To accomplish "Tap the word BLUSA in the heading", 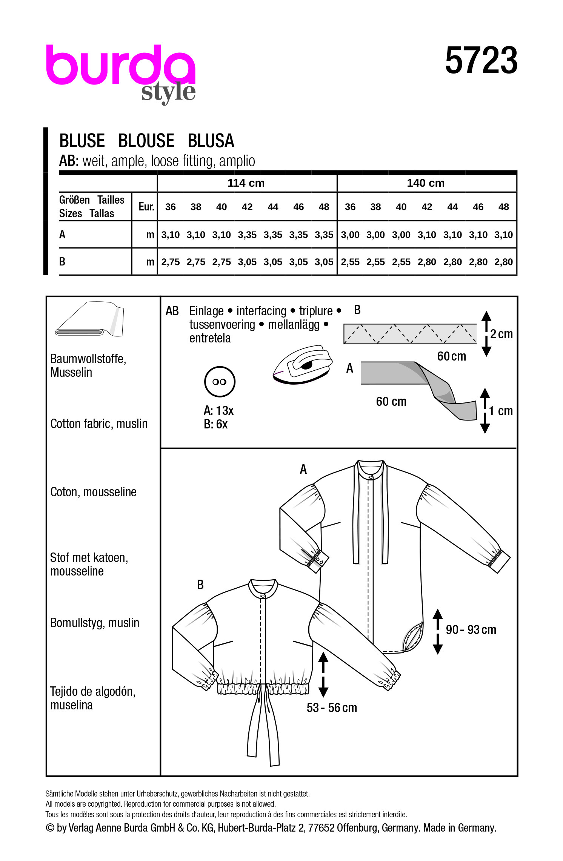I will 211,141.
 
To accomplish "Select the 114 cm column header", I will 246,183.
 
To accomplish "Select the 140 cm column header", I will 426,183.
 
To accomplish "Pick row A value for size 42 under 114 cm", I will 247,235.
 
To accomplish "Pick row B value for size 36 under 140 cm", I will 350,262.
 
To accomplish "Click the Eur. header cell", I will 146,207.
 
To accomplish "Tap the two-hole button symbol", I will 220,382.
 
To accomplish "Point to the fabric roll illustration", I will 90,319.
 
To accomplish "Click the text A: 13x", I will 218,410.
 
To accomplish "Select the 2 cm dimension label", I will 501,334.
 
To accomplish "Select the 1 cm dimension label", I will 501,411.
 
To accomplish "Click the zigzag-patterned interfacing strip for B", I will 410,334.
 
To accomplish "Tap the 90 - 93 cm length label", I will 471,630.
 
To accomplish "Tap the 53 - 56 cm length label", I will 332,708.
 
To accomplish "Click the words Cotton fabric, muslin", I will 99,424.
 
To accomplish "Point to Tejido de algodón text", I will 93,692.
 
